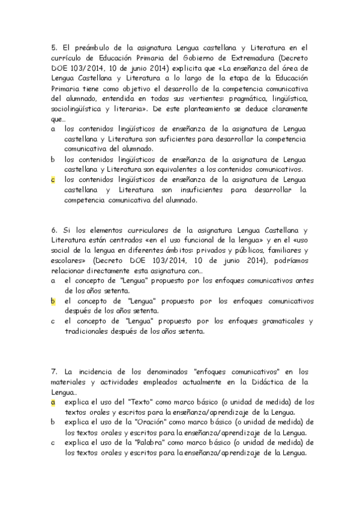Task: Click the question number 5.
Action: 53,47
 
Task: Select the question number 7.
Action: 53,371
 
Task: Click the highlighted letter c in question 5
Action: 53,179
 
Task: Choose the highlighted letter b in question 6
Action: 53,301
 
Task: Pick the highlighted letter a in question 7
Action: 53,402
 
